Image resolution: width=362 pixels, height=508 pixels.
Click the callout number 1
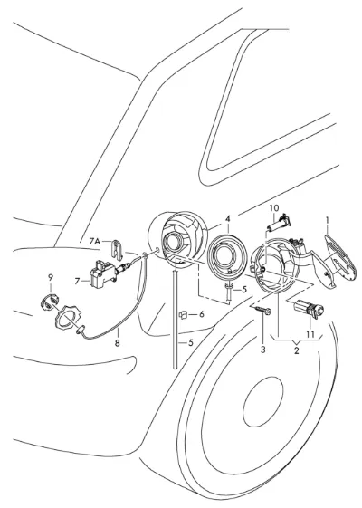pos(328,221)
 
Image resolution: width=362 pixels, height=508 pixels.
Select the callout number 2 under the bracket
pos(297,350)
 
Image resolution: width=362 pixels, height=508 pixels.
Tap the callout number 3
pos(263,350)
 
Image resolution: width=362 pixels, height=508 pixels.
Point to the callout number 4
pos(228,219)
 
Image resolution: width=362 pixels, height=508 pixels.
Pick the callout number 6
pos(202,314)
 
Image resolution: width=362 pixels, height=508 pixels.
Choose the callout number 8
pos(118,342)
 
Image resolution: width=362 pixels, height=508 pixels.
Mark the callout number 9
pos(50,277)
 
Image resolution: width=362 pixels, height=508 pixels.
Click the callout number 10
pos(274,207)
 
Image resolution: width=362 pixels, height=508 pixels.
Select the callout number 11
pos(310,334)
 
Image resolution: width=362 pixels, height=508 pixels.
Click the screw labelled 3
pos(261,311)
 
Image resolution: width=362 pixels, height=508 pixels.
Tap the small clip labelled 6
pos(184,314)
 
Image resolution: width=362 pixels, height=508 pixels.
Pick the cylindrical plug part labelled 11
pos(310,309)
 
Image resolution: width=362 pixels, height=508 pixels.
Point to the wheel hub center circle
pos(263,401)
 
